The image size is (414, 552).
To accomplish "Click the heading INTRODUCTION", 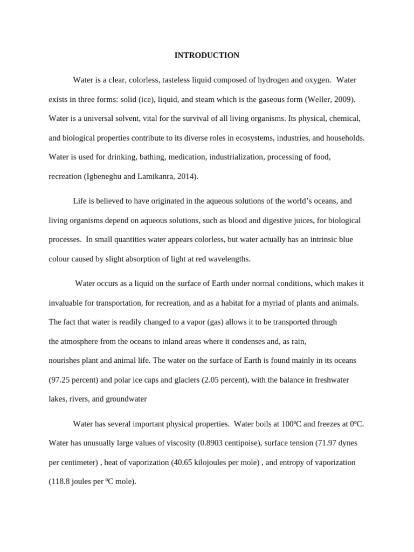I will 207,56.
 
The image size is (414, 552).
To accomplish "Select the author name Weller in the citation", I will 319,99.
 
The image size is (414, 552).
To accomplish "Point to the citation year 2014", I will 187,176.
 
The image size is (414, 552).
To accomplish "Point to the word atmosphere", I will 82,341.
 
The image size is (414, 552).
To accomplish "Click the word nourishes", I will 65,360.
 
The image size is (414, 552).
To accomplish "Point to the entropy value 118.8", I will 61,482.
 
